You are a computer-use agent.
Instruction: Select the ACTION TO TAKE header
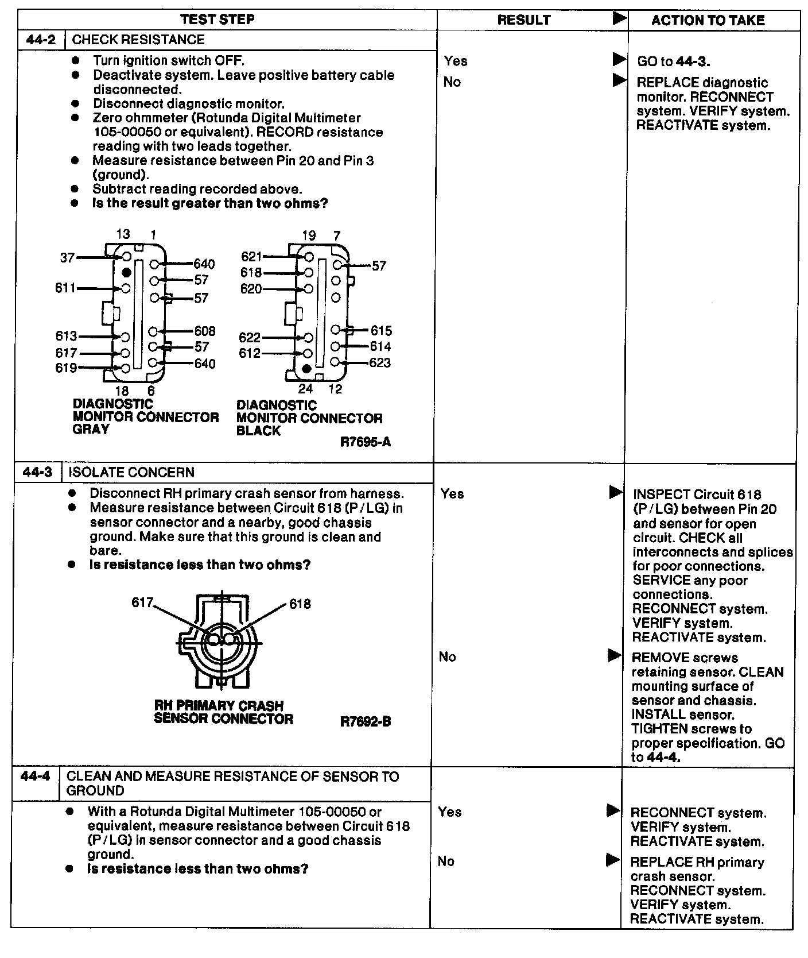pos(708,21)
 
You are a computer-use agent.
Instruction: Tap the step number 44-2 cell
pos(41,40)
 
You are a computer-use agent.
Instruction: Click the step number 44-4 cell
pos(35,776)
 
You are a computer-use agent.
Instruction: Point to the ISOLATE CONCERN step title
pos(131,472)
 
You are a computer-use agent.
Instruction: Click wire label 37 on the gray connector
pos(67,258)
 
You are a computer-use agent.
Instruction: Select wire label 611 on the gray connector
pos(65,288)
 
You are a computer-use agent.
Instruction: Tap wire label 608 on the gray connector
pos(205,331)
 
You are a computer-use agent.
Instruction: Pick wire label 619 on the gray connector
pos(66,368)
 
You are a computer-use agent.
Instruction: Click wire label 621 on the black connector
pos(251,257)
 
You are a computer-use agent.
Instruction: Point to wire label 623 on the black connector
pos(380,362)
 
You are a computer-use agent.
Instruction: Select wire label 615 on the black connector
pos(381,330)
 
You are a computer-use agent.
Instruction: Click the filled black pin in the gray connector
pos(126,272)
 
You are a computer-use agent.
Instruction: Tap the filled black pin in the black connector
pos(307,368)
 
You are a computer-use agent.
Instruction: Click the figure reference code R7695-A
pos(366,442)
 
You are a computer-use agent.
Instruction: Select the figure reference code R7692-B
pos(366,721)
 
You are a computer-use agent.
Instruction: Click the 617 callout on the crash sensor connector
pos(142,602)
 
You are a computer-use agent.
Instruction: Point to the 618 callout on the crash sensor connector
pos(300,604)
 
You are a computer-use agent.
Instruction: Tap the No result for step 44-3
pos(447,656)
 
